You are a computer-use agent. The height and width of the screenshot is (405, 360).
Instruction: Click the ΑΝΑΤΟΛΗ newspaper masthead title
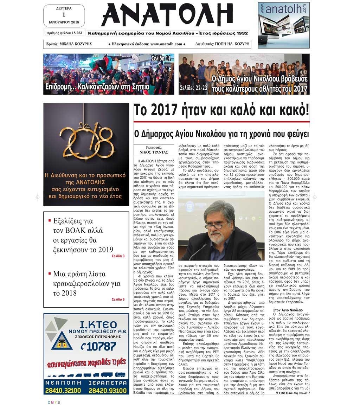167,15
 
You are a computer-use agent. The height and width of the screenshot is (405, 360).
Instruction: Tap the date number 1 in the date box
64,14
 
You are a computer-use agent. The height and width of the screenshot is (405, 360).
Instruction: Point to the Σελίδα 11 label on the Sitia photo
161,58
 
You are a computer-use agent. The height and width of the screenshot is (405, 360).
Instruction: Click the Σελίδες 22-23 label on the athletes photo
193,88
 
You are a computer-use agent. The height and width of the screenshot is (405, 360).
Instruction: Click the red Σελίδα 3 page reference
118,256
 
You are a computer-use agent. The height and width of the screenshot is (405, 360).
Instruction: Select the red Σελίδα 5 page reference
118,299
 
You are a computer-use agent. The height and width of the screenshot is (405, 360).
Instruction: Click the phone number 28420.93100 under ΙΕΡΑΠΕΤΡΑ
108,390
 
